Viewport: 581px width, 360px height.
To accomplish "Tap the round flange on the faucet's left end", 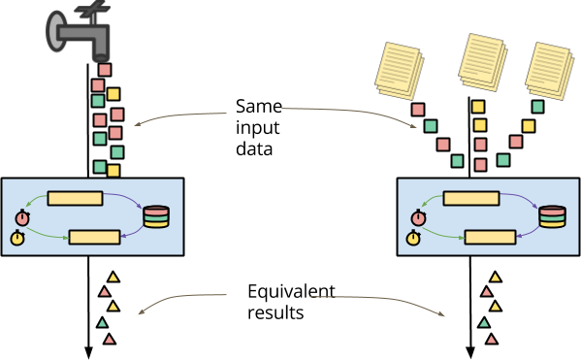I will point(55,31).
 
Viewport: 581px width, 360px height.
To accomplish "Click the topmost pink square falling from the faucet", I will point(105,70).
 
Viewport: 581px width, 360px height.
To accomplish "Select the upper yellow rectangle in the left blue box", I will point(75,198).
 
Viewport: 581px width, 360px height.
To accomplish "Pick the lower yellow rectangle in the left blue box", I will point(94,237).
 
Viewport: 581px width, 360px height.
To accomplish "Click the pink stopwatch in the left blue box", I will point(22,218).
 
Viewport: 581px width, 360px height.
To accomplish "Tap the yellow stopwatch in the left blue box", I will point(17,238).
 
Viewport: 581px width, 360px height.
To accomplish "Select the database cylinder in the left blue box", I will point(156,216).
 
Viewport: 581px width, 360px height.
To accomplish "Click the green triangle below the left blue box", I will point(103,323).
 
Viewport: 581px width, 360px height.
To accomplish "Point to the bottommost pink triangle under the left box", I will point(110,340).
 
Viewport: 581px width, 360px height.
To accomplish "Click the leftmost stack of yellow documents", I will point(399,70).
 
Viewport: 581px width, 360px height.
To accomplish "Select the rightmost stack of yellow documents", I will point(549,70).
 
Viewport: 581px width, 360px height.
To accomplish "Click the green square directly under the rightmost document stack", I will point(537,107).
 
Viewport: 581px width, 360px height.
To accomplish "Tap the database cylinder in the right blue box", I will point(552,216).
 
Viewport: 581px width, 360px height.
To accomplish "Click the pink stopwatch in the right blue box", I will point(418,218).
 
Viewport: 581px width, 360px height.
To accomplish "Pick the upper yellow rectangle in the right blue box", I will point(470,198).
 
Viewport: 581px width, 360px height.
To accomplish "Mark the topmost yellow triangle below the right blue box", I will point(496,278).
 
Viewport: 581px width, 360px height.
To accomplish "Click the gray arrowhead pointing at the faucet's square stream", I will point(137,123).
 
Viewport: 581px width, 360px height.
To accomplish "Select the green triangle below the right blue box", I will point(484,323).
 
